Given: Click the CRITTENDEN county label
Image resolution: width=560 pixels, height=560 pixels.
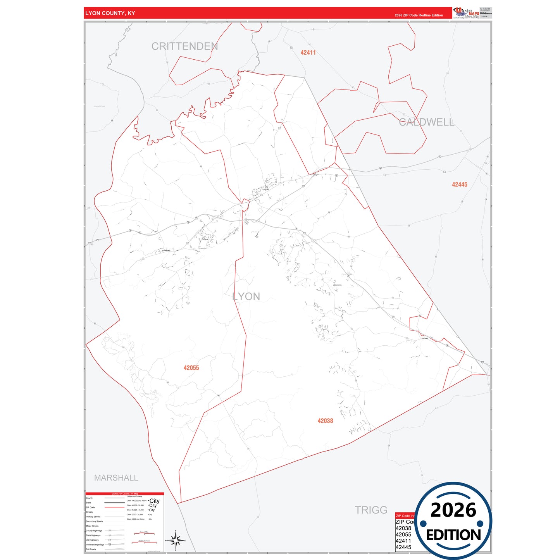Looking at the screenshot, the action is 184,47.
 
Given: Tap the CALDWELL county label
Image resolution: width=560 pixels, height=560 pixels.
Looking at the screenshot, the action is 426,122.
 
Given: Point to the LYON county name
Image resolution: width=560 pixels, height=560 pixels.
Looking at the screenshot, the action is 246,296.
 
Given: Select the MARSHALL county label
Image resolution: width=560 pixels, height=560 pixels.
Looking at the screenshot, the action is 116,478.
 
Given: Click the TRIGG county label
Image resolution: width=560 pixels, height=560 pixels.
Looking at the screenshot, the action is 371,510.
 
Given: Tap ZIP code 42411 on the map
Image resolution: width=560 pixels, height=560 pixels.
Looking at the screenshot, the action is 308,53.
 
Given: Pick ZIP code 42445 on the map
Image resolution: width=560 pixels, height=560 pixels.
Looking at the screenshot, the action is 459,184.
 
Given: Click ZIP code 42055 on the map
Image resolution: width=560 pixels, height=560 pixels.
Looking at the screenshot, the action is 191,368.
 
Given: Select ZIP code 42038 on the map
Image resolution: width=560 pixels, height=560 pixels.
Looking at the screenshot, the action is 325,421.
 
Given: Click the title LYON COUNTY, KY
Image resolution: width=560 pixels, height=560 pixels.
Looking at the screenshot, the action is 110,13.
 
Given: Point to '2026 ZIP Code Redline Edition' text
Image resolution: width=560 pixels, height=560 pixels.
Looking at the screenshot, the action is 419,16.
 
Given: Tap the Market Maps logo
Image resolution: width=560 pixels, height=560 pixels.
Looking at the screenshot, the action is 466,13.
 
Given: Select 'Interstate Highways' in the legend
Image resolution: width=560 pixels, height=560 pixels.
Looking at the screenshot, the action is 95,544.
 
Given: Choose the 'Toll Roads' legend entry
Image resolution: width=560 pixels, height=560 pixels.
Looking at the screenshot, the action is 91,549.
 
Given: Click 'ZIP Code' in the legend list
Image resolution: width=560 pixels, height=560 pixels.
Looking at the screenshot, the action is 90,507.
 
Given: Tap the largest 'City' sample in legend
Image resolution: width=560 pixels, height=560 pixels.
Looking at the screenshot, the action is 154,501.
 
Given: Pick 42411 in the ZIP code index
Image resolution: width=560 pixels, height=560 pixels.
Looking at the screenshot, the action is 403,541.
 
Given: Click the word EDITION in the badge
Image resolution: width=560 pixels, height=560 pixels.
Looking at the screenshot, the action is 453,535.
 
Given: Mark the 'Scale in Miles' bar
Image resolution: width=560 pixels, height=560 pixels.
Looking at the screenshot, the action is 144,533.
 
